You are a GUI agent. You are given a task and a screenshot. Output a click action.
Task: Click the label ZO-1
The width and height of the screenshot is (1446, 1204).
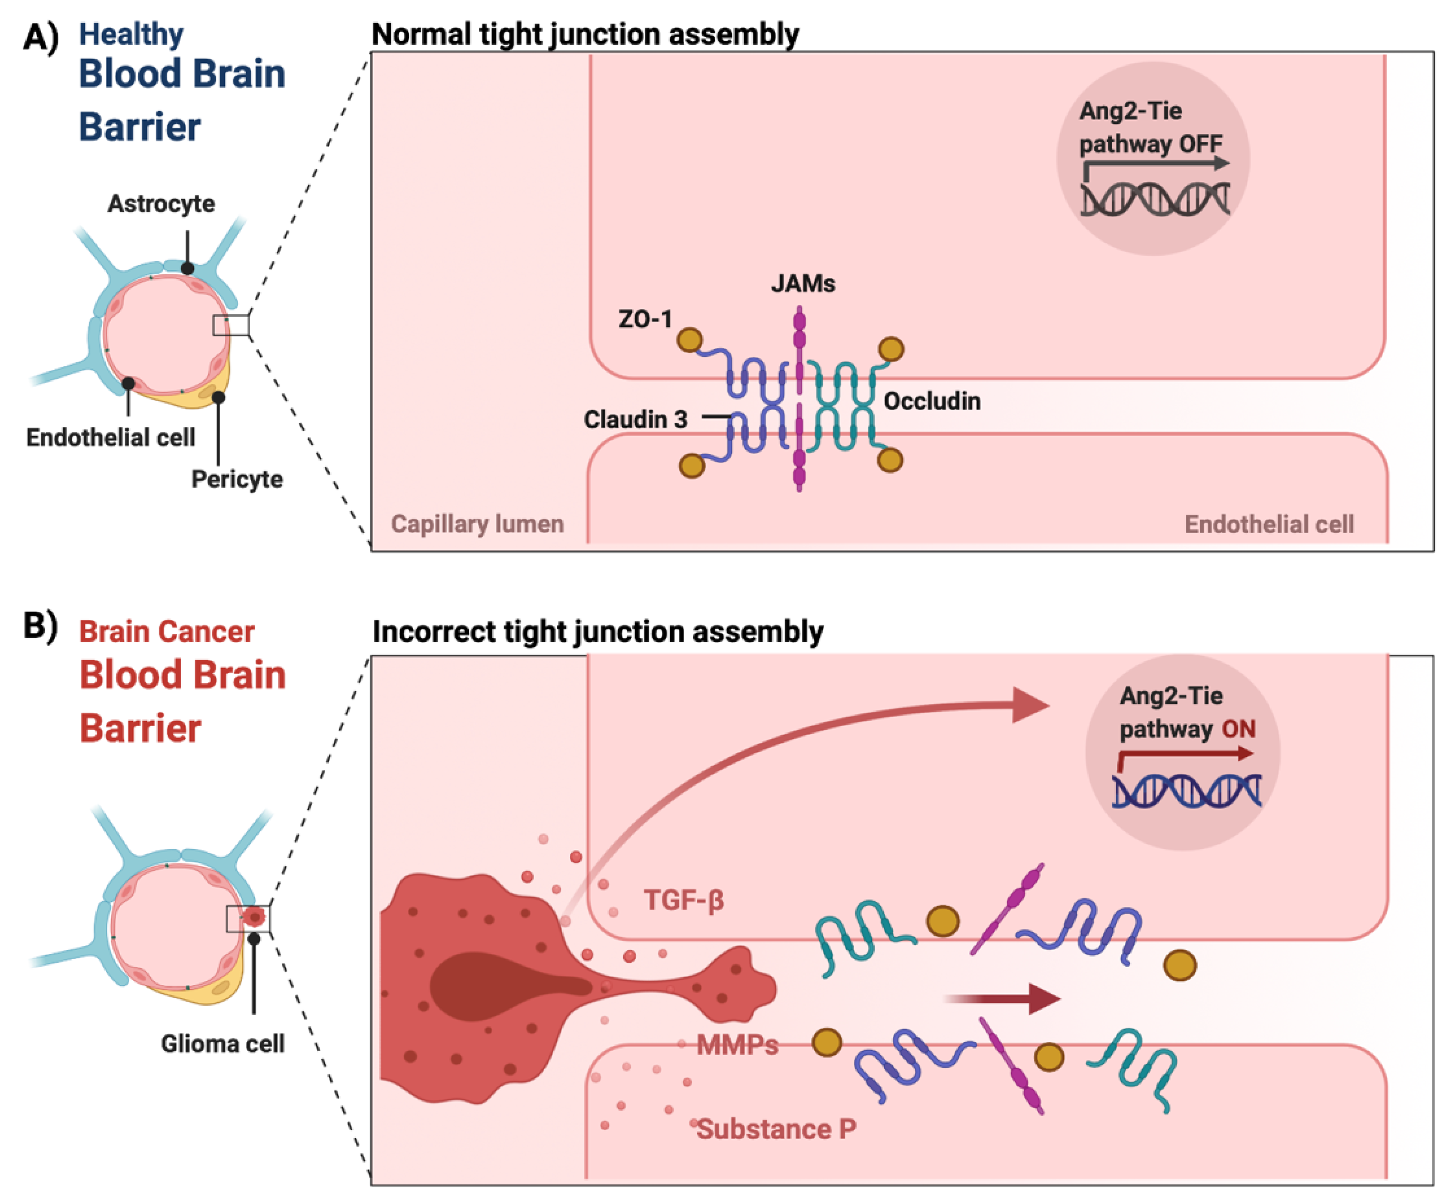[645, 319]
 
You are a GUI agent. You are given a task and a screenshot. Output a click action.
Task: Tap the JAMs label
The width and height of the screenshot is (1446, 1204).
[803, 283]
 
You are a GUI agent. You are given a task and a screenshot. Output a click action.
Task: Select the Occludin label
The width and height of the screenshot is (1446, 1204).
[931, 401]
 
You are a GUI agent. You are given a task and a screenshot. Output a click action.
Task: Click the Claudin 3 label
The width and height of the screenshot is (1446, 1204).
[635, 419]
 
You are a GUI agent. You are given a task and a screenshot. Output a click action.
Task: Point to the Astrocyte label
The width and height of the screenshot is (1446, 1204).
[161, 204]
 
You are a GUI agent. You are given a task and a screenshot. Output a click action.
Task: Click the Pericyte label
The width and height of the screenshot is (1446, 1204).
[237, 479]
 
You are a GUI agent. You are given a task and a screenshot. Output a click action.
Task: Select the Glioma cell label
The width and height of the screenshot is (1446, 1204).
[222, 1043]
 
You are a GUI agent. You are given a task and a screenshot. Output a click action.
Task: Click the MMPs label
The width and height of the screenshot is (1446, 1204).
[737, 1045]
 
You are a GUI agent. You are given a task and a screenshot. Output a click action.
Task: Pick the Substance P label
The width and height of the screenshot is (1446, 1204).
[776, 1129]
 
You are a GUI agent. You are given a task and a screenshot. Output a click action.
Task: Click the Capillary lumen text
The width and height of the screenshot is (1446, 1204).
[477, 524]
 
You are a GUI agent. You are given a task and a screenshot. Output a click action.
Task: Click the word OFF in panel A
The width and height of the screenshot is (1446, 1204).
[1200, 144]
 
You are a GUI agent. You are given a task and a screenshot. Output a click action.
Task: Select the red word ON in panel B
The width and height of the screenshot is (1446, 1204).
[1239, 729]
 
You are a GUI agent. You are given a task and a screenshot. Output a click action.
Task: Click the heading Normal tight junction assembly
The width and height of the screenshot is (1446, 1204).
[585, 34]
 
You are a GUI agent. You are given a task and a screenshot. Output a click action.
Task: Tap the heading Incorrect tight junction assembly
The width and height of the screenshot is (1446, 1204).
[597, 631]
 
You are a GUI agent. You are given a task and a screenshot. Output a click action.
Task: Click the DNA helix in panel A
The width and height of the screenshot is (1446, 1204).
[1155, 200]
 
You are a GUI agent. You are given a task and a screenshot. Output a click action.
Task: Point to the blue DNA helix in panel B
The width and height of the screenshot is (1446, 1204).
[1186, 790]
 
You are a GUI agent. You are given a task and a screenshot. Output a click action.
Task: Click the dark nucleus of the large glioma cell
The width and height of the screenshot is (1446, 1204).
[496, 986]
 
